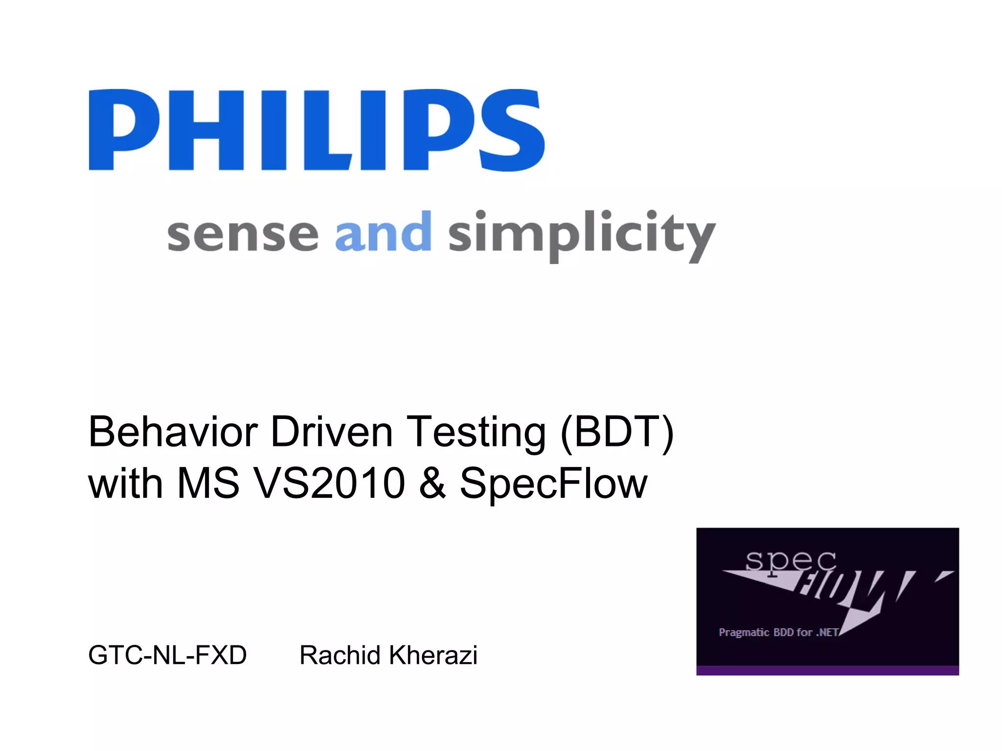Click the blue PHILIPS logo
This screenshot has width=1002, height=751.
pyautogui.click(x=316, y=130)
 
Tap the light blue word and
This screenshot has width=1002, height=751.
pyautogui.click(x=383, y=232)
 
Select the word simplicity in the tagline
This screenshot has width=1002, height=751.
pyautogui.click(x=581, y=236)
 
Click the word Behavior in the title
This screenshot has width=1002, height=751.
pyautogui.click(x=173, y=432)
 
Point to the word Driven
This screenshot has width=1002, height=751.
pyautogui.click(x=331, y=432)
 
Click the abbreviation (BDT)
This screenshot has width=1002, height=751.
pyautogui.click(x=617, y=433)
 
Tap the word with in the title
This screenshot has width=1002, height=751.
pyautogui.click(x=125, y=483)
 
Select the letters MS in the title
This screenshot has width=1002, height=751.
pyautogui.click(x=208, y=483)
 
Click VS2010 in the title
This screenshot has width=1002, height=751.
pyautogui.click(x=330, y=483)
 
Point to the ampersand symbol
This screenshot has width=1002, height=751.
pyautogui.click(x=433, y=483)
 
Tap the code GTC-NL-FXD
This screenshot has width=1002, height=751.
pyautogui.click(x=167, y=655)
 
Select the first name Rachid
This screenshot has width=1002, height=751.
pyautogui.click(x=340, y=655)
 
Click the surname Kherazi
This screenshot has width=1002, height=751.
pyautogui.click(x=433, y=655)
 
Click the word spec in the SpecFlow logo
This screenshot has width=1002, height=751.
pyautogui.click(x=791, y=561)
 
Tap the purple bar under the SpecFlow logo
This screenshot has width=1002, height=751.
pyautogui.click(x=827, y=670)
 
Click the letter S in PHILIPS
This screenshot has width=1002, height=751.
pyautogui.click(x=512, y=130)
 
